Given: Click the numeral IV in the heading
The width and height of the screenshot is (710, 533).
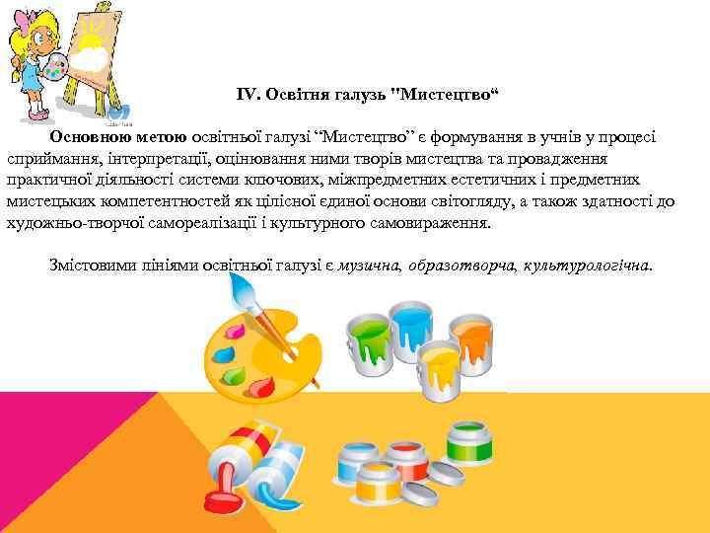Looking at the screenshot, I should click(x=247, y=94).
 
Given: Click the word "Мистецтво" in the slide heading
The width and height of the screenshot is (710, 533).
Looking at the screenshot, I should click(x=448, y=94).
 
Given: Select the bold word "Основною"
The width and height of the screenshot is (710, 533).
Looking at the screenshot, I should click(x=88, y=137).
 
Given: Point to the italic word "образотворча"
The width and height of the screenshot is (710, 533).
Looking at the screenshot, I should click(x=461, y=266).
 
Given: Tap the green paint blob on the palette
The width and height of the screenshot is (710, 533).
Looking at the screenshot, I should click(x=233, y=376).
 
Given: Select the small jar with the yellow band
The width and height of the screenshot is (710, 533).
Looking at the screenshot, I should click(x=406, y=481).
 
